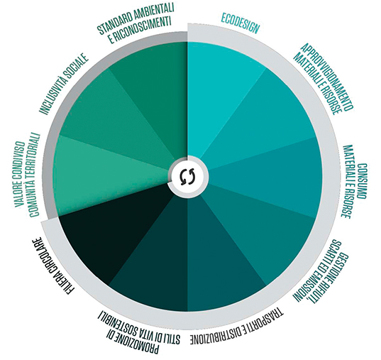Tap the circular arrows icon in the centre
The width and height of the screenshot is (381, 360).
tap(187, 175)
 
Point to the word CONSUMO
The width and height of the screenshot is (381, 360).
tap(362, 181)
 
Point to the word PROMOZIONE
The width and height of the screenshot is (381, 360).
tap(133, 346)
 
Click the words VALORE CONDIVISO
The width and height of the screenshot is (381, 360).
tap(20, 174)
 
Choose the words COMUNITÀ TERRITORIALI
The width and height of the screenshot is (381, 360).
tap(35, 174)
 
